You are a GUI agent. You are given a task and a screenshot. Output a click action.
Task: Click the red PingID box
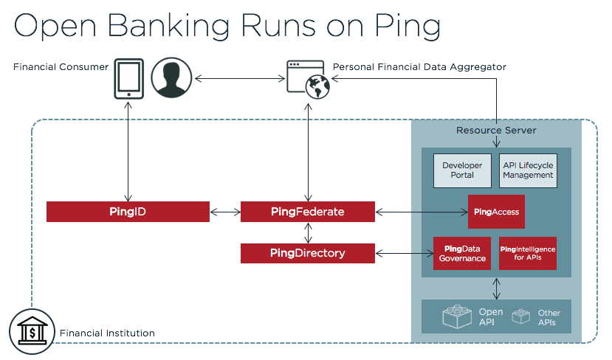click(x=128, y=212)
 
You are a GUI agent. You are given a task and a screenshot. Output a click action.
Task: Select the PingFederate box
click(x=308, y=212)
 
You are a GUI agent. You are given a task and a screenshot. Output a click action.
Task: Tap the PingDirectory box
click(x=308, y=253)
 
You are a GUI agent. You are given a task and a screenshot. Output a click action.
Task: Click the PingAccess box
click(x=496, y=212)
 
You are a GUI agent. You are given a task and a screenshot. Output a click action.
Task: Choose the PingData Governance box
click(x=462, y=254)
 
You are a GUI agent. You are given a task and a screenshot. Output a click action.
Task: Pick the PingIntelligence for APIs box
click(x=528, y=254)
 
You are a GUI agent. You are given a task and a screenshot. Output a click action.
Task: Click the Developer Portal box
click(x=462, y=170)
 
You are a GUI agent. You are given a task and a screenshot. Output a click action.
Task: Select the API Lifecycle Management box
click(x=528, y=170)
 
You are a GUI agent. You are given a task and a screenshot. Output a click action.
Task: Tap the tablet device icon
click(x=128, y=78)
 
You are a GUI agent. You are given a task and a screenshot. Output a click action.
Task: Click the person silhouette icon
click(x=171, y=77)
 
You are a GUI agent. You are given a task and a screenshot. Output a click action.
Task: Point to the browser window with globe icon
click(x=308, y=80)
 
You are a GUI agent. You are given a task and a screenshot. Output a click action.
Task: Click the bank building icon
click(x=32, y=331)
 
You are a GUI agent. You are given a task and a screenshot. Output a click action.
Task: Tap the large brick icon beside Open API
click(x=457, y=316)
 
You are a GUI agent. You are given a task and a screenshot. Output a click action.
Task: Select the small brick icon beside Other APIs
click(x=521, y=316)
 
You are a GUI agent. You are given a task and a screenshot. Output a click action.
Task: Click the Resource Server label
click(x=496, y=131)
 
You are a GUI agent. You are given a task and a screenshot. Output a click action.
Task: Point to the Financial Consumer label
click(x=61, y=67)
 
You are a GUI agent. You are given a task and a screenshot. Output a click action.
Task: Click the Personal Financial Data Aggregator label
click(x=419, y=67)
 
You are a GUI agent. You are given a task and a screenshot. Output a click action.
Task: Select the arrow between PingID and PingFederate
click(x=226, y=212)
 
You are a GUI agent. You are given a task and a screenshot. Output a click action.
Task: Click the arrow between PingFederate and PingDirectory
click(x=309, y=233)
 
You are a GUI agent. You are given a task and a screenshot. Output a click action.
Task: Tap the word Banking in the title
click(x=168, y=26)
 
